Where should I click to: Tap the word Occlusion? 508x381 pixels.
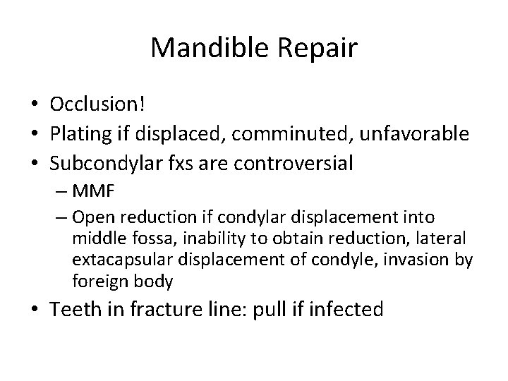pos(97,104)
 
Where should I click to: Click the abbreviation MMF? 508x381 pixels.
pos(91,190)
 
